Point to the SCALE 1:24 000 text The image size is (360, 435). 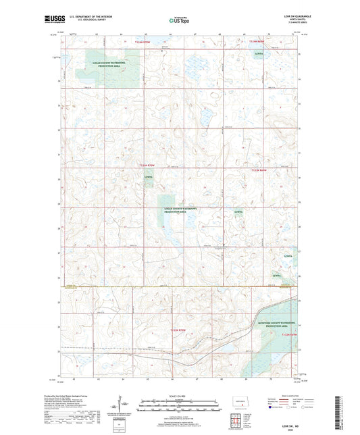tap(179, 395)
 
